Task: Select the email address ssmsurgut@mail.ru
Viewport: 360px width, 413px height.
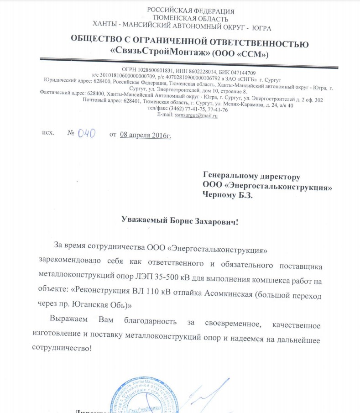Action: pos(196,116)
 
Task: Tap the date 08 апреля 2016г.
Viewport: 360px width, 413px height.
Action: pos(146,135)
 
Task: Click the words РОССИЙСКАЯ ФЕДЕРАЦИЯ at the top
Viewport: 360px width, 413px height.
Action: pos(191,11)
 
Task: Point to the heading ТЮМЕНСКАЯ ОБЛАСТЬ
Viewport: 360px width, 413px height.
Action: pos(190,19)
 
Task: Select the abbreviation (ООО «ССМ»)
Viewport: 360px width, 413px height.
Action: pos(241,54)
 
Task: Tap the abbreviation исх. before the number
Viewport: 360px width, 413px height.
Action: pos(48,133)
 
